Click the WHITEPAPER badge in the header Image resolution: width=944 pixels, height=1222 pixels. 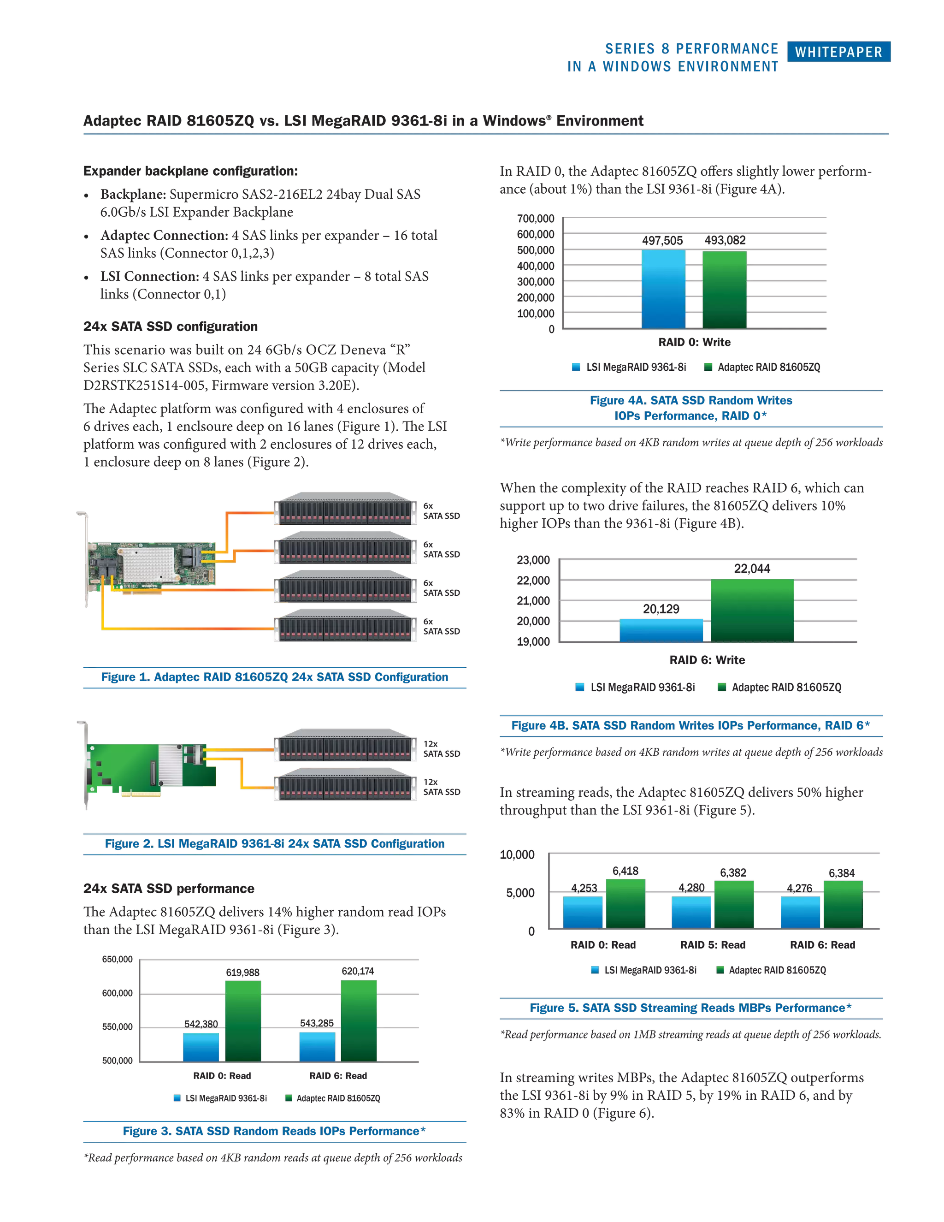click(838, 52)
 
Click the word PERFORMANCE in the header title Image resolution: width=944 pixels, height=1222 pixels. click(726, 49)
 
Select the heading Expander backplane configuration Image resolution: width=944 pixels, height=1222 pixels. click(191, 171)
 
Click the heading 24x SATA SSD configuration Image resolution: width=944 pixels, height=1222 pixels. click(171, 327)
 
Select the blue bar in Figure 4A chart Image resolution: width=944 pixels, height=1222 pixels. click(663, 289)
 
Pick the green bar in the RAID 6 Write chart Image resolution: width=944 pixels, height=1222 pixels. click(752, 611)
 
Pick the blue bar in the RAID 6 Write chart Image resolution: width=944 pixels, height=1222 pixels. click(661, 630)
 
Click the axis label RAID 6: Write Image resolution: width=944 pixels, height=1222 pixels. click(707, 660)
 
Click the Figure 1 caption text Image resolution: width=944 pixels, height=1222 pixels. click(275, 677)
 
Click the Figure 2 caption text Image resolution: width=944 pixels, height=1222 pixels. click(275, 843)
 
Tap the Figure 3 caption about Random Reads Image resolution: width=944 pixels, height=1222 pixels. click(275, 1131)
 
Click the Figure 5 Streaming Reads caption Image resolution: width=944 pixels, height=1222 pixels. click(690, 1008)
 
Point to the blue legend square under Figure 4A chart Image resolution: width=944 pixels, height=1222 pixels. click(577, 367)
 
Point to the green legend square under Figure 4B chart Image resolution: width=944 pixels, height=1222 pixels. click(721, 687)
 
